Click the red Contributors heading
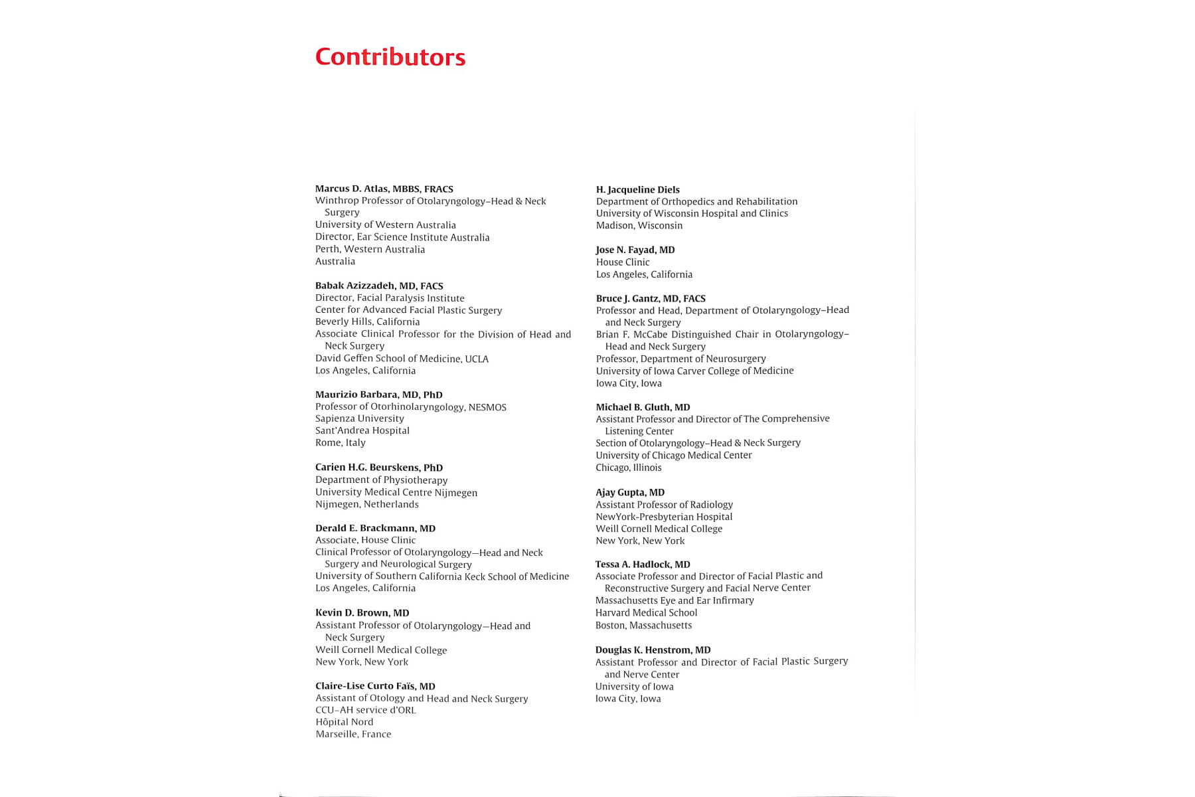pyautogui.click(x=390, y=57)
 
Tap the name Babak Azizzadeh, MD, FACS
pyautogui.click(x=379, y=286)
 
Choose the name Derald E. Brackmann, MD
pyautogui.click(x=375, y=529)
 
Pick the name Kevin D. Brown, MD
pyautogui.click(x=362, y=613)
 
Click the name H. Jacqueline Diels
pyautogui.click(x=637, y=190)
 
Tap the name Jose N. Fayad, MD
pyautogui.click(x=635, y=250)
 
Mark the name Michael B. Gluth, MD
pyautogui.click(x=643, y=407)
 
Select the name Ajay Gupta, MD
pyautogui.click(x=629, y=492)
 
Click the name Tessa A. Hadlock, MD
pyautogui.click(x=642, y=565)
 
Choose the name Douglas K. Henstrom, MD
pyautogui.click(x=653, y=650)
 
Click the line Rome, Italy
pyautogui.click(x=340, y=443)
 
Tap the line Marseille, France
pyautogui.click(x=353, y=734)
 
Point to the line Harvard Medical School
pyautogui.click(x=646, y=613)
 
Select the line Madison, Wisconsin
pyautogui.click(x=639, y=226)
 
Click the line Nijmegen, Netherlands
pyautogui.click(x=366, y=504)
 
